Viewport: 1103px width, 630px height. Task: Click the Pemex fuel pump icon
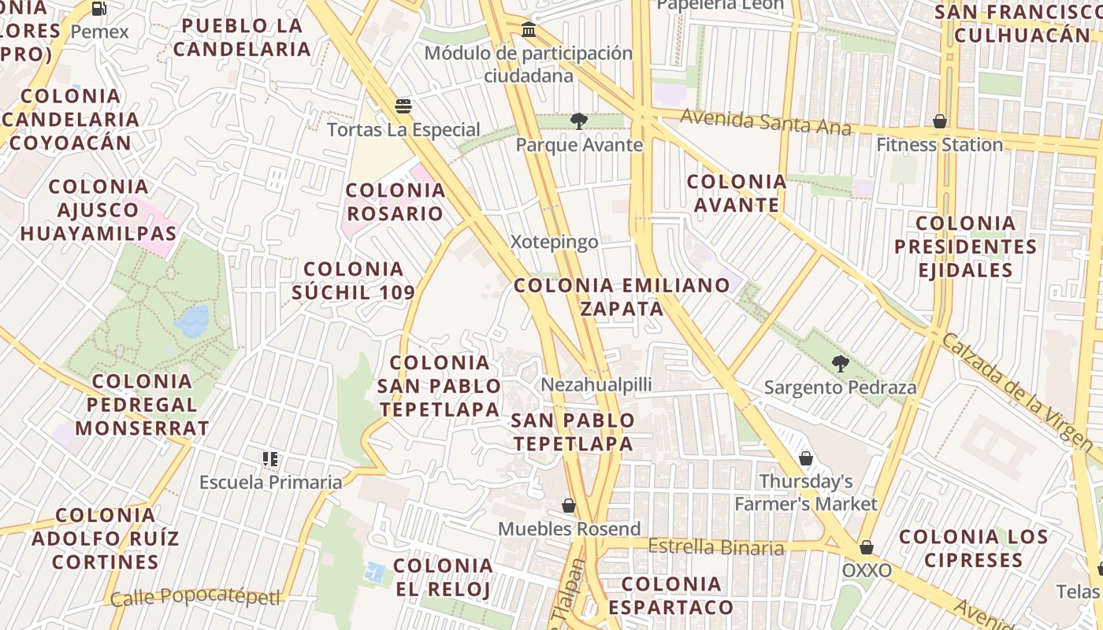click(99, 9)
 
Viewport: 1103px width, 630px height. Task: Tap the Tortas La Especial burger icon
click(403, 106)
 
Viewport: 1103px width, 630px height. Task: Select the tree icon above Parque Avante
click(579, 121)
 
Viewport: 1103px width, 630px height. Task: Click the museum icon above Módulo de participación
click(529, 30)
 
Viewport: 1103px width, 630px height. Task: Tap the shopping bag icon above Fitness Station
click(939, 121)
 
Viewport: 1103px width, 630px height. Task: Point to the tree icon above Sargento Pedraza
click(841, 364)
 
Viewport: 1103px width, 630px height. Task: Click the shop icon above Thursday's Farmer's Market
click(806, 458)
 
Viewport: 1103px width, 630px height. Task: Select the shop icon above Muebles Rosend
click(569, 506)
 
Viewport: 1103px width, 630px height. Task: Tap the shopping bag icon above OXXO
click(867, 547)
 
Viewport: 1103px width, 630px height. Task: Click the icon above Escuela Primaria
click(270, 459)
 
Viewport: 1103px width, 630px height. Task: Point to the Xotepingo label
click(555, 242)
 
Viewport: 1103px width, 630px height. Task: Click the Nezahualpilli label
click(596, 385)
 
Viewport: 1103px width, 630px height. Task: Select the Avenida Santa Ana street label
click(765, 122)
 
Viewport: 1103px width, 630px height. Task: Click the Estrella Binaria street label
click(716, 547)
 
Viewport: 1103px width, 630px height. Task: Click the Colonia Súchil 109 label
click(354, 281)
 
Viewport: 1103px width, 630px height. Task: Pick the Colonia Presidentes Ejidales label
click(966, 246)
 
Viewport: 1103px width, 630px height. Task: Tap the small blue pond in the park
click(191, 321)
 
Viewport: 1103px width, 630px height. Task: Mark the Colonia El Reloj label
click(443, 577)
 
